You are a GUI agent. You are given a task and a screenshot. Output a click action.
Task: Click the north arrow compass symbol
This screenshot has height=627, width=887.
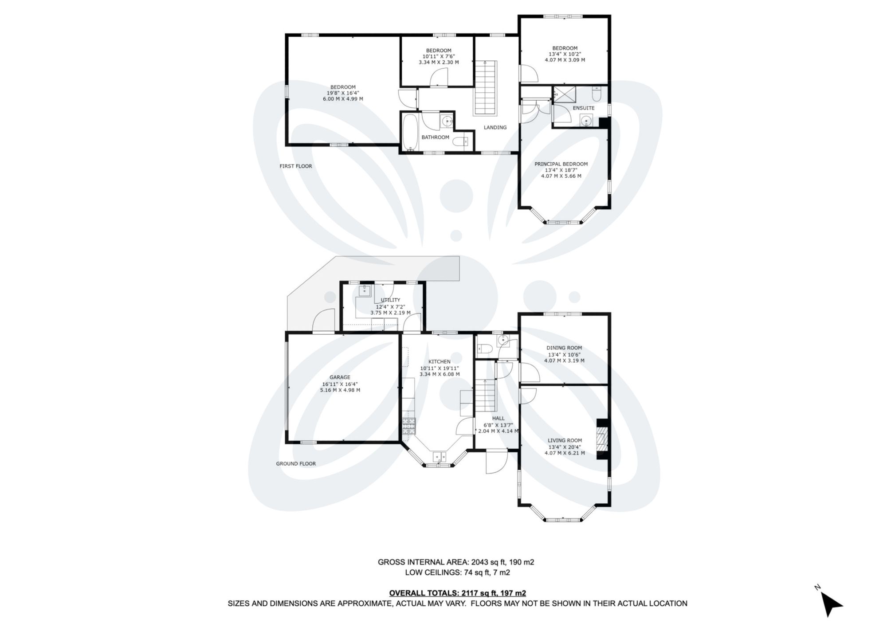coord(830,604)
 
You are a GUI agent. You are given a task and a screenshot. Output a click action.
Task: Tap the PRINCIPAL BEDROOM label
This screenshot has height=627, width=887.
coord(561,164)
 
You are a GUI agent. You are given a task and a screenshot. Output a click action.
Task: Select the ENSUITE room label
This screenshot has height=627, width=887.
coord(583,108)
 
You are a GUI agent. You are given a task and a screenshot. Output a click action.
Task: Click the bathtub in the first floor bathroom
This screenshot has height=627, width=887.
coord(409,132)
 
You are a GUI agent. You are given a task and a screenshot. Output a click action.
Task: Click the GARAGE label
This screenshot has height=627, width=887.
coord(340,377)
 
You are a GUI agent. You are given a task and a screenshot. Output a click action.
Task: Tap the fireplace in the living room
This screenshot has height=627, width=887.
coord(603,439)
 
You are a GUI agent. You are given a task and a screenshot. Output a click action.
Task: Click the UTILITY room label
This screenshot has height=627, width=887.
coord(390,300)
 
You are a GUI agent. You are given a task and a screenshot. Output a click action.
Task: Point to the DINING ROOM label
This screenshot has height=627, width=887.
coord(564,348)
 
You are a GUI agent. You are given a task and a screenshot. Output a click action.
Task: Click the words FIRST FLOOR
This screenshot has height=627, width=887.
coord(296,166)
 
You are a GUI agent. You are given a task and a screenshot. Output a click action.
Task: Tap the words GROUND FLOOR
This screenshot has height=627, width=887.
coord(296,464)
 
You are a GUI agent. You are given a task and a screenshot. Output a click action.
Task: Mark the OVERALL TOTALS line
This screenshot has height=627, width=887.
coord(457,593)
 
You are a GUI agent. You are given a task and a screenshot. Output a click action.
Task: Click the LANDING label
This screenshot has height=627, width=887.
coord(495,128)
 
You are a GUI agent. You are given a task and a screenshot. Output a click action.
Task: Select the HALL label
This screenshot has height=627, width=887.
coord(498,419)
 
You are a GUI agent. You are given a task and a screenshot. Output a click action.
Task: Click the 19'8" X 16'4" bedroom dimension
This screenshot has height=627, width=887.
coord(343,93)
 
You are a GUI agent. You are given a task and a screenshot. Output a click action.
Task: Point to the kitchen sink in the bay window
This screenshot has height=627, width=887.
coord(440,456)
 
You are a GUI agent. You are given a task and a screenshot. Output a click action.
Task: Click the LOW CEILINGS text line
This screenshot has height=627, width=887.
coord(457,572)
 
